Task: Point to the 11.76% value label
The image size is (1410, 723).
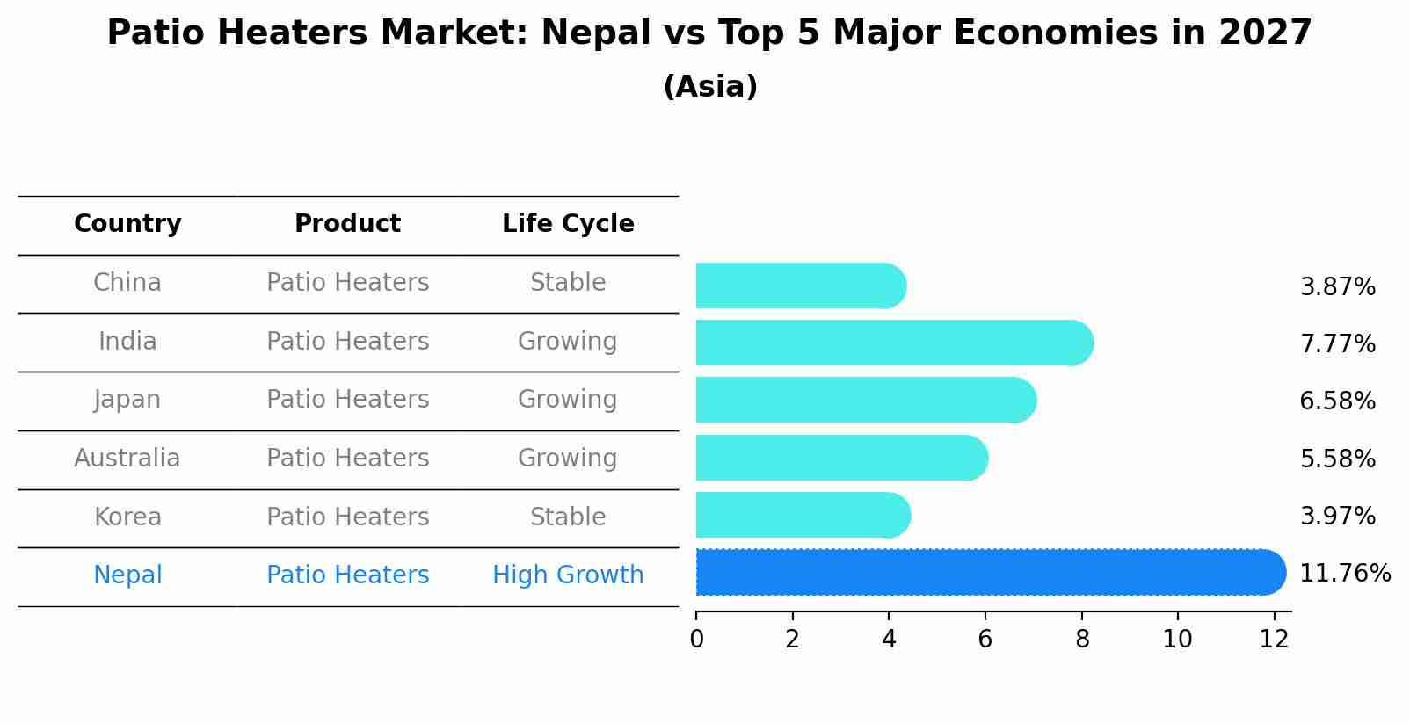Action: (x=1344, y=574)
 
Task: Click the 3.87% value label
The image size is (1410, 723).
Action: (x=1337, y=287)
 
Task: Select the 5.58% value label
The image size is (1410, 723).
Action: (x=1337, y=459)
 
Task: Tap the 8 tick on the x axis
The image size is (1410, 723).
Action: (x=1081, y=640)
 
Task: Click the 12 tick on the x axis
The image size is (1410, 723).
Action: (x=1274, y=640)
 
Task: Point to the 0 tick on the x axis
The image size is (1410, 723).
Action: (x=696, y=640)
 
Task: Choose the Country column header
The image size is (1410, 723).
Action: (x=127, y=224)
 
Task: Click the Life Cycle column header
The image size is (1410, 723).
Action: (x=568, y=224)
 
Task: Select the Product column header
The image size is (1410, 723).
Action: (x=347, y=224)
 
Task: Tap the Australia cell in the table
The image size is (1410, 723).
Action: (x=127, y=459)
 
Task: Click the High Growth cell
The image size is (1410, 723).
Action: (x=568, y=575)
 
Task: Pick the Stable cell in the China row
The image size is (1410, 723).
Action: (x=568, y=283)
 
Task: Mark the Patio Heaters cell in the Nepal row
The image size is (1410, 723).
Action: (x=347, y=575)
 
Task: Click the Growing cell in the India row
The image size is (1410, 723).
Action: (x=568, y=342)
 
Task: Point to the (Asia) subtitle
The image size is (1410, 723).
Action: (x=710, y=87)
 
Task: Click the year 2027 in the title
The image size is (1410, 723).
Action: (x=1264, y=33)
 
